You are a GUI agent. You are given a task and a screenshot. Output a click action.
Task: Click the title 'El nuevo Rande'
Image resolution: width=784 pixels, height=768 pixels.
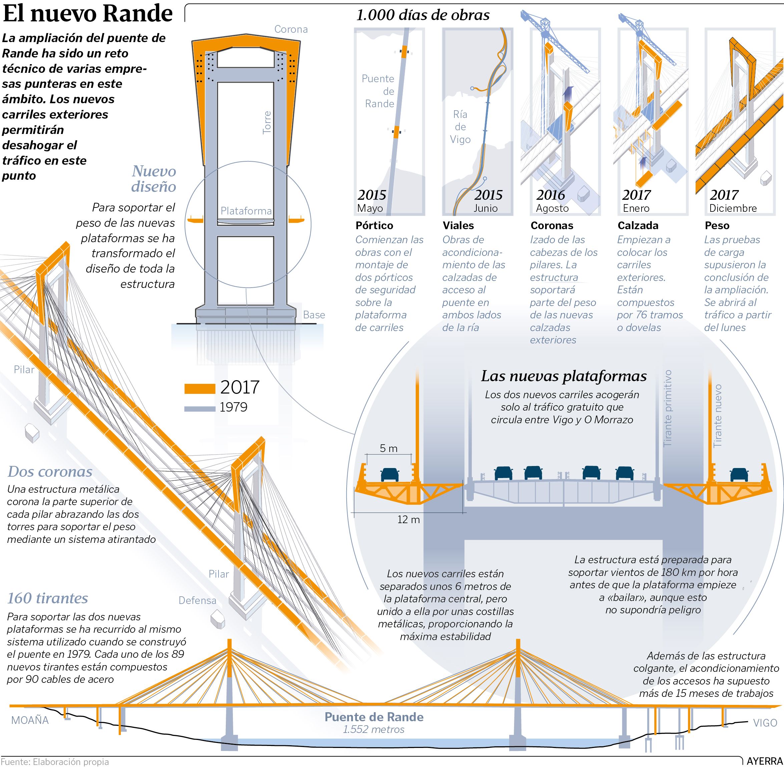[x=88, y=14]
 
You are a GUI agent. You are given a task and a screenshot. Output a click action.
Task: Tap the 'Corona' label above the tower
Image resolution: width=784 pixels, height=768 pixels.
[x=291, y=29]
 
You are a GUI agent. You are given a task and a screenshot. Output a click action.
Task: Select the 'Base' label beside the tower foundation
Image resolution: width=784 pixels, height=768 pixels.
[x=314, y=315]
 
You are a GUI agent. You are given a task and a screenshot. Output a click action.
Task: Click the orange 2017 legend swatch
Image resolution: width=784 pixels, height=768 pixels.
[x=200, y=389]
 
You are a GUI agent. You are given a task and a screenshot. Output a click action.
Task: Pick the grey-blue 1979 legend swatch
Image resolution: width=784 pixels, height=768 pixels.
[x=200, y=409]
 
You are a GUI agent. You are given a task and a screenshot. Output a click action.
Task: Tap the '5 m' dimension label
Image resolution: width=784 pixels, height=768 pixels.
[x=388, y=448]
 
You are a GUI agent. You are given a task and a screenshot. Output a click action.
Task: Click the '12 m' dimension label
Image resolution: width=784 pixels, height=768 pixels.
[x=409, y=519]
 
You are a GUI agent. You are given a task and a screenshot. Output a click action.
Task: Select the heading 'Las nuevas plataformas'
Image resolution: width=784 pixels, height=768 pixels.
[x=563, y=376]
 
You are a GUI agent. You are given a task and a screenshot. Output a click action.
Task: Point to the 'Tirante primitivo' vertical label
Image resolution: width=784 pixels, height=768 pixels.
[x=668, y=408]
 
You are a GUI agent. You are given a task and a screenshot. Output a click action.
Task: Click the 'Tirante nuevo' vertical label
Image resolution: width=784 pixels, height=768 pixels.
[x=717, y=416]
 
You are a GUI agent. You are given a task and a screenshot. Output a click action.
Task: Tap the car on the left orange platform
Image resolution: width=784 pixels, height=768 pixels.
[x=390, y=474]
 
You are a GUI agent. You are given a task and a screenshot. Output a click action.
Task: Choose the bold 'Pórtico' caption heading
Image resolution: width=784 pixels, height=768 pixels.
[x=374, y=225]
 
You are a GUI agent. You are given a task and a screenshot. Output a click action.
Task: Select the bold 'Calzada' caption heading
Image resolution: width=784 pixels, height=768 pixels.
[x=637, y=225]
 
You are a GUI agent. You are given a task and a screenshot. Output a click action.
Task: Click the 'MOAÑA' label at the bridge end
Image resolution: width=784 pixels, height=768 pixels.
[x=30, y=720]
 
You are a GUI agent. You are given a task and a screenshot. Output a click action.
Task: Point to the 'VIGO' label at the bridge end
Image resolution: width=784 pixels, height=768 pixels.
[x=765, y=723]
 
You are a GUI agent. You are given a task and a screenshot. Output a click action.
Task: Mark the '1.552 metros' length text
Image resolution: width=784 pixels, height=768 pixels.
[x=373, y=729]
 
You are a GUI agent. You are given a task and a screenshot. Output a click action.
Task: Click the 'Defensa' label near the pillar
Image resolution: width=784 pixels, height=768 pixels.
[x=198, y=601]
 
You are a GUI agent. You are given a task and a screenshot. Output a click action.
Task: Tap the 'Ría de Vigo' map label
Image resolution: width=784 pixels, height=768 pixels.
[x=460, y=127]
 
